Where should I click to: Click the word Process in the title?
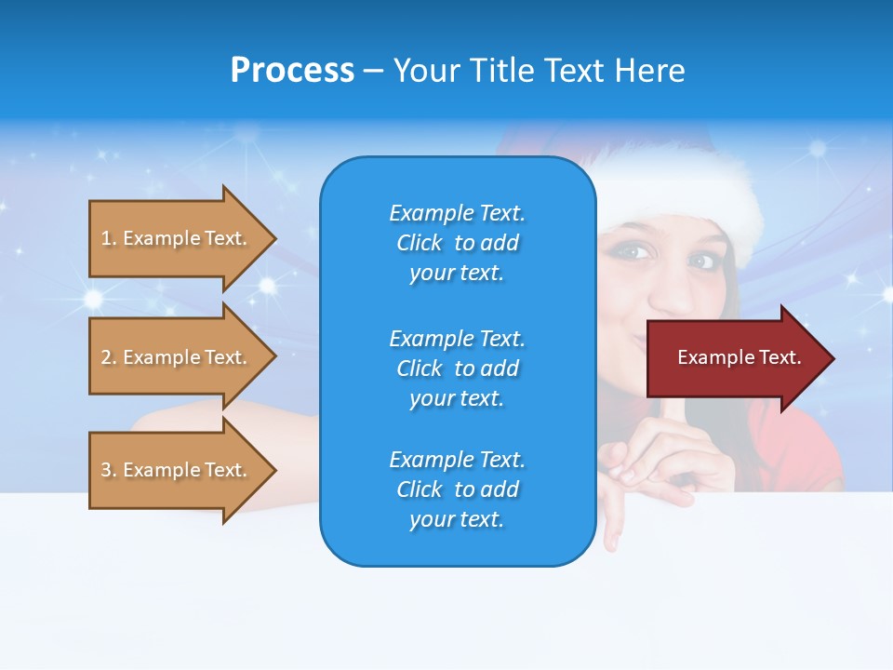coord(292,71)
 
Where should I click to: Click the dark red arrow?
coord(735,358)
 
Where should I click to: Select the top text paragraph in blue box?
coord(457,243)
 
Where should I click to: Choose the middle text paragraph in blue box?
coord(457,368)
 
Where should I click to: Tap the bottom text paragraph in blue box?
coord(457,489)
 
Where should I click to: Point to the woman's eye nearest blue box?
coord(632,250)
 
